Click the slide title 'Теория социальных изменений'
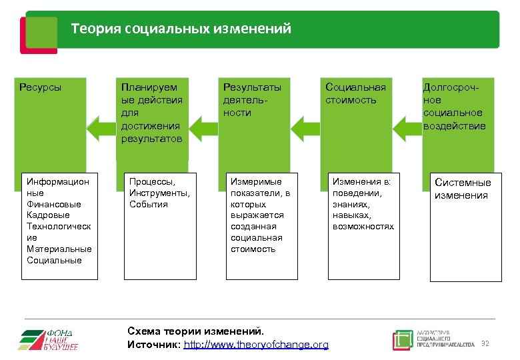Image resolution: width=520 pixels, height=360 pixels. click(x=181, y=29)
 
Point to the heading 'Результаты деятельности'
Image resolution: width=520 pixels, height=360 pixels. click(x=252, y=100)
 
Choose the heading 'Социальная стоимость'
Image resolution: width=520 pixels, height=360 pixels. click(x=355, y=93)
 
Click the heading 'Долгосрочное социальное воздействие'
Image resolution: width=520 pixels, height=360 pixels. click(x=454, y=107)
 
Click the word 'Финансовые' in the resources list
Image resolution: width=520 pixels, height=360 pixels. click(x=53, y=204)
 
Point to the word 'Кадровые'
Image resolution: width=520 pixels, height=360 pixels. click(x=48, y=215)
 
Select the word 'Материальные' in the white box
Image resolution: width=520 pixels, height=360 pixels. click(x=59, y=249)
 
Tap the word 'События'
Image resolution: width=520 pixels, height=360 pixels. click(x=149, y=204)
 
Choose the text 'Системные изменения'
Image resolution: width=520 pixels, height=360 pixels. click(x=463, y=189)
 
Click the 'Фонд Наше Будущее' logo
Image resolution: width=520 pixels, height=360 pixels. click(x=48, y=339)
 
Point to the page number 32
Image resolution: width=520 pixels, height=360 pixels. click(x=485, y=343)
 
